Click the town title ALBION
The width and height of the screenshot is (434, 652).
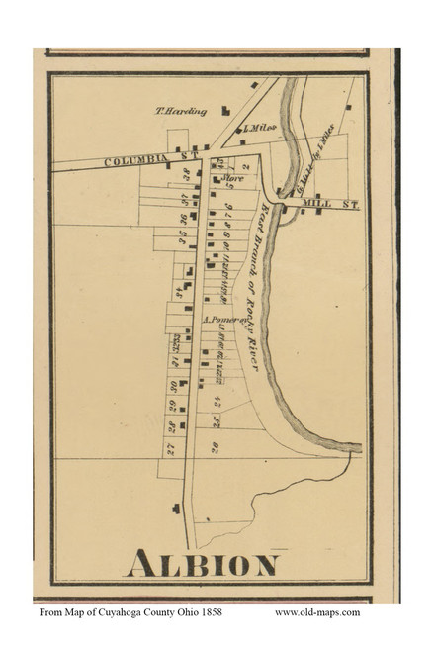(x=202, y=564)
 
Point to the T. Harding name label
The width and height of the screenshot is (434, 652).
(x=181, y=111)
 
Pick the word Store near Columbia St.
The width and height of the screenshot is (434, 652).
(x=233, y=178)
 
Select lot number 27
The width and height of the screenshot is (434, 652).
(x=170, y=448)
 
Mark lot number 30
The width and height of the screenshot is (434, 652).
(x=172, y=385)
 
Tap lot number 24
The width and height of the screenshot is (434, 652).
(x=216, y=401)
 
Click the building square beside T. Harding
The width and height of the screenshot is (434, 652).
(x=225, y=112)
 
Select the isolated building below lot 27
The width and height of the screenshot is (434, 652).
(x=176, y=509)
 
